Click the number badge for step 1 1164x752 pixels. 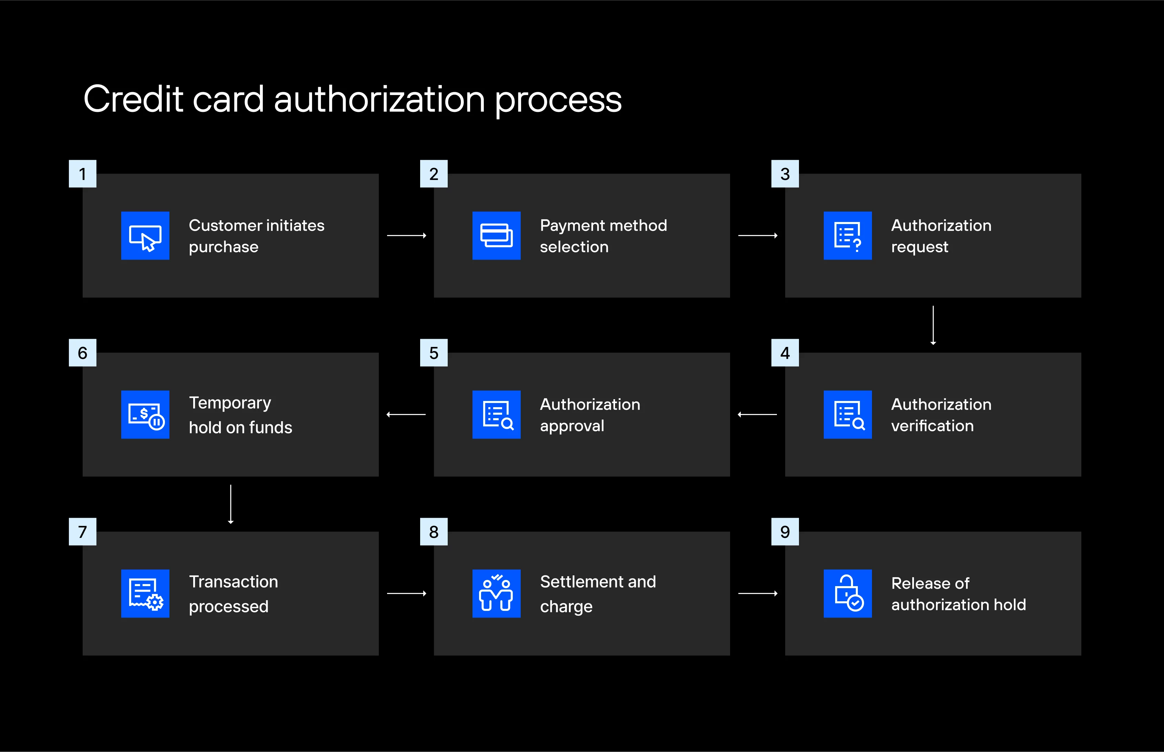click(83, 174)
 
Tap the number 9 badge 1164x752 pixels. click(785, 532)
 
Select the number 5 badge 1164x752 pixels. click(434, 352)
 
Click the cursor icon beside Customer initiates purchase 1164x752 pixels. click(145, 236)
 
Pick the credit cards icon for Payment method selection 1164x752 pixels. click(496, 236)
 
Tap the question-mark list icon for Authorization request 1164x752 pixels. click(848, 236)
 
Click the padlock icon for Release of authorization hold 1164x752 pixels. click(848, 593)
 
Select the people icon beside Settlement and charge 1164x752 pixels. click(496, 593)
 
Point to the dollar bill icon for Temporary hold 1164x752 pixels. click(145, 415)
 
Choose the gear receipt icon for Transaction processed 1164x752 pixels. click(145, 593)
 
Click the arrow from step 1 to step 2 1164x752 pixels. click(406, 236)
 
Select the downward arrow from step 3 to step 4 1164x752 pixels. click(933, 325)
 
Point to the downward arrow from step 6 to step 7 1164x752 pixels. click(230, 504)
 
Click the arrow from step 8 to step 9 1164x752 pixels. click(758, 593)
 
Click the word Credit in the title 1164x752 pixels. click(133, 99)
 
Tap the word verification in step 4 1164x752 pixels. click(932, 426)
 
